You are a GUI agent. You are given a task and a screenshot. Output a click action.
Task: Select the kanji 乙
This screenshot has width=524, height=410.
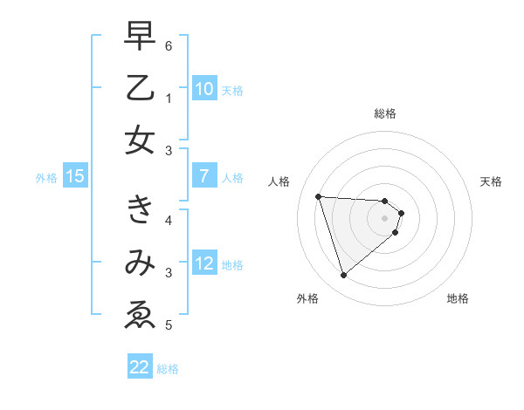pyautogui.click(x=141, y=88)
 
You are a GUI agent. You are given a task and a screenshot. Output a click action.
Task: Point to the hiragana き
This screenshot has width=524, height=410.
pyautogui.click(x=141, y=210)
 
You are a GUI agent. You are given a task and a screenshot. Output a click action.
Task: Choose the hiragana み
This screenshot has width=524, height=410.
pyautogui.click(x=141, y=263)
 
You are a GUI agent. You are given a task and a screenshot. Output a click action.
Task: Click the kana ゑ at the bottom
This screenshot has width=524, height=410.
pyautogui.click(x=141, y=315)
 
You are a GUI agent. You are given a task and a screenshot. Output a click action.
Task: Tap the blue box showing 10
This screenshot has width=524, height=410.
pyautogui.click(x=203, y=89)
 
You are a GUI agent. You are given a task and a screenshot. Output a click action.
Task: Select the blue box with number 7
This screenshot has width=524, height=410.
pyautogui.click(x=203, y=176)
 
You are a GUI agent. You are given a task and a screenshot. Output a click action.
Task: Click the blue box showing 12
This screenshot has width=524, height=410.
pyautogui.click(x=203, y=263)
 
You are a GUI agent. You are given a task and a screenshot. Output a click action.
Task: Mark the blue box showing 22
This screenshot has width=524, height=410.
pyautogui.click(x=140, y=367)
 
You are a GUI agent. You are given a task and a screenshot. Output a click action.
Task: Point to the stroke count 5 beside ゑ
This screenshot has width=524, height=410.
pyautogui.click(x=168, y=325)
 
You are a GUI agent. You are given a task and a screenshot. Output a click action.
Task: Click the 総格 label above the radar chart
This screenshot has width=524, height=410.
pyautogui.click(x=385, y=113)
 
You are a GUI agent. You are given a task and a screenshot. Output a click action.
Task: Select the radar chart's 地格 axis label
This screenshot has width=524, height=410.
pyautogui.click(x=458, y=298)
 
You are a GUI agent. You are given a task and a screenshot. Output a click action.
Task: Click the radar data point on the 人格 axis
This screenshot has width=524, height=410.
pyautogui.click(x=319, y=196)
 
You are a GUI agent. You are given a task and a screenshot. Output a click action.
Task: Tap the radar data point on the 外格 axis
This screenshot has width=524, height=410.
pyautogui.click(x=343, y=276)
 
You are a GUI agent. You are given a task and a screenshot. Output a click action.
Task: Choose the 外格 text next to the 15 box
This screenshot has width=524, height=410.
pyautogui.click(x=46, y=178)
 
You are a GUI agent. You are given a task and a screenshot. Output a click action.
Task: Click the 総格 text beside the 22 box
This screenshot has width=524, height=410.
pyautogui.click(x=168, y=369)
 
